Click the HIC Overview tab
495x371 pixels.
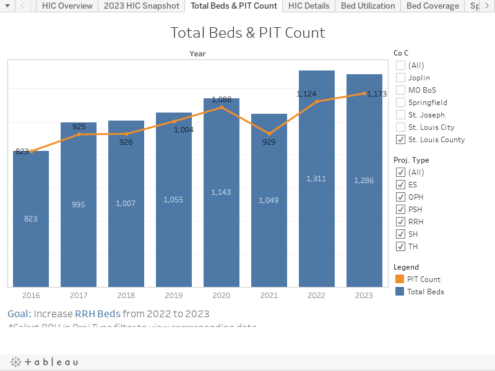(x=67, y=6)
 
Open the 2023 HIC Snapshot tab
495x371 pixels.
(x=142, y=6)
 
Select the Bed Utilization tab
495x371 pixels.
(x=368, y=6)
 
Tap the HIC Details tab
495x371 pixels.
(x=309, y=6)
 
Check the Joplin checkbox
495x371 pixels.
(x=401, y=78)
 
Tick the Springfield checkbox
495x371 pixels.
(x=401, y=103)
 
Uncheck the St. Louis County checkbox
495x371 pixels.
(x=401, y=140)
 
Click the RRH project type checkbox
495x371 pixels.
(x=401, y=222)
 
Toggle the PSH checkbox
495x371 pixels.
(x=401, y=210)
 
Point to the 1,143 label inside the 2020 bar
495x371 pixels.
(x=221, y=192)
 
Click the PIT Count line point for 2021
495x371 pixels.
(x=269, y=134)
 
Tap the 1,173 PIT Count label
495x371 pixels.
(x=377, y=94)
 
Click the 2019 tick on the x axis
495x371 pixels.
(x=174, y=296)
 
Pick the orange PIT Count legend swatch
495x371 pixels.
(x=399, y=279)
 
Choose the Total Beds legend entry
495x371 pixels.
(x=425, y=292)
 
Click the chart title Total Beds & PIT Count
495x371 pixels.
(x=247, y=33)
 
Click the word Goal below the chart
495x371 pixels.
(x=19, y=313)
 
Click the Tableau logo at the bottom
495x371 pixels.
(x=45, y=362)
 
